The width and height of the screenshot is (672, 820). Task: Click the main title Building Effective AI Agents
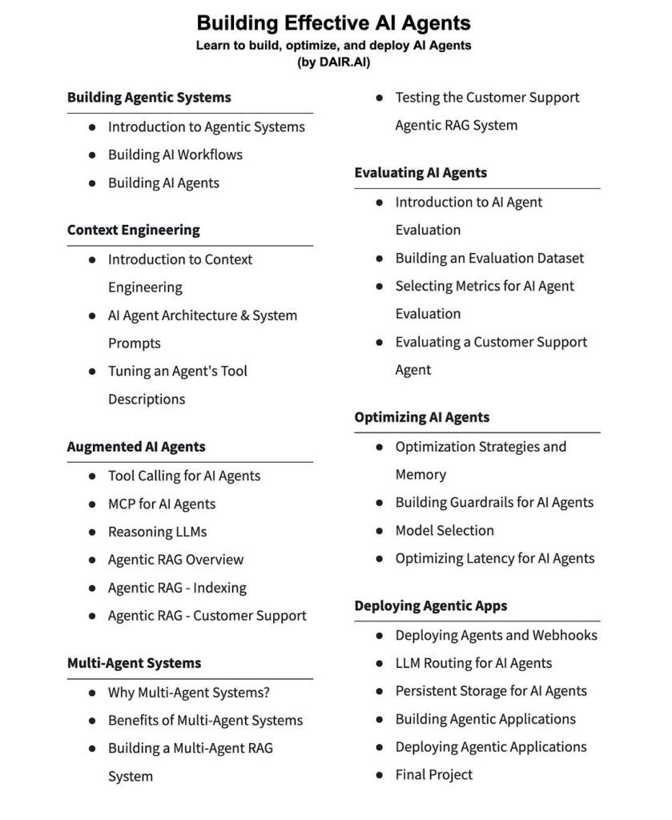point(333,22)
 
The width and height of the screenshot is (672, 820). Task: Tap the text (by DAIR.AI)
point(333,61)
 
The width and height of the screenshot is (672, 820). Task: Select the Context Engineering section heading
point(134,230)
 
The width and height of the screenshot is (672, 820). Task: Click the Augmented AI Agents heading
point(136,447)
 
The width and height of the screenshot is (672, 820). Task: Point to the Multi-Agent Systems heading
point(134,663)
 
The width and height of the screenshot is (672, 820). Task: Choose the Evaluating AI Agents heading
point(421,172)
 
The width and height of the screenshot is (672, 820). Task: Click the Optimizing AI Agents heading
point(422,417)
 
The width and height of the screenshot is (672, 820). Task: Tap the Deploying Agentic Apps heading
point(431,605)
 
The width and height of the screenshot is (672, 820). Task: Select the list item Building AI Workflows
point(175,155)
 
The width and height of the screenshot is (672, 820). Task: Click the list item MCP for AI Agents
point(162,504)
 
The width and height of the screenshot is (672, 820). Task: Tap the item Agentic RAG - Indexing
point(177,588)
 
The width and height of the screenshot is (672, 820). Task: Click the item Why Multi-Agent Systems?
point(189,692)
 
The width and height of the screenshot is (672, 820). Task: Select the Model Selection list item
point(445,530)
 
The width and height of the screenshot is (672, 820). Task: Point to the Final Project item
point(434,774)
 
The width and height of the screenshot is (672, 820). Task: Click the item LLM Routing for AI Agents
point(473,663)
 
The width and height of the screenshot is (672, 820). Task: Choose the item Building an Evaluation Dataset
point(489,258)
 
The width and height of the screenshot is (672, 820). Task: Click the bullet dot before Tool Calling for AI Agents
point(93,476)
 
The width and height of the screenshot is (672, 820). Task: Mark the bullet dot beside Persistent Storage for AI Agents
point(380,691)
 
